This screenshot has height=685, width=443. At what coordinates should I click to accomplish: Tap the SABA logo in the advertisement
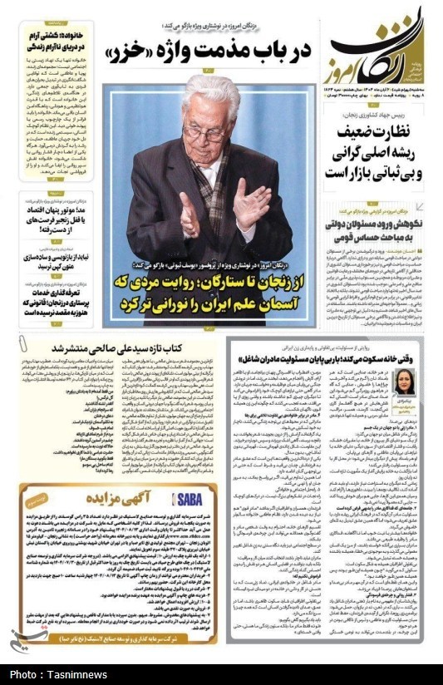[185, 497]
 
